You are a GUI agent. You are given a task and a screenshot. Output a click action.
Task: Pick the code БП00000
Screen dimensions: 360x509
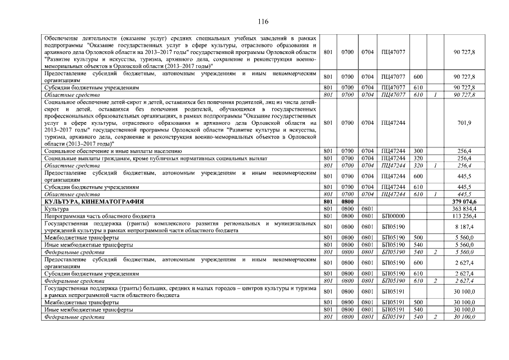tap(393, 216)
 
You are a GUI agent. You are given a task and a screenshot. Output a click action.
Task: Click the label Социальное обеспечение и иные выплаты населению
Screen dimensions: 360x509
tap(112, 151)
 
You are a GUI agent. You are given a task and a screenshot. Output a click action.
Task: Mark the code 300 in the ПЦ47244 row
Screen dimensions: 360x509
tap(418, 151)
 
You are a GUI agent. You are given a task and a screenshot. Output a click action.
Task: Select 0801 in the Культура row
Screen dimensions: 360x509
tap(367, 209)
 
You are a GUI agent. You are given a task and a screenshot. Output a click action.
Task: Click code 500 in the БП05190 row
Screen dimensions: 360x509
tap(418, 238)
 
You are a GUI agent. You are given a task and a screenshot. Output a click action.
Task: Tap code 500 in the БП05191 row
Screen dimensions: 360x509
tap(418, 303)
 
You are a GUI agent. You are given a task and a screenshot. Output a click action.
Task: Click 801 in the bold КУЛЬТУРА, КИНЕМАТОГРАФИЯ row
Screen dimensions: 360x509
tap(329, 201)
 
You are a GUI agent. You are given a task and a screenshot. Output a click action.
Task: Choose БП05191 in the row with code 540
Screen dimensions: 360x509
tap(393, 310)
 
